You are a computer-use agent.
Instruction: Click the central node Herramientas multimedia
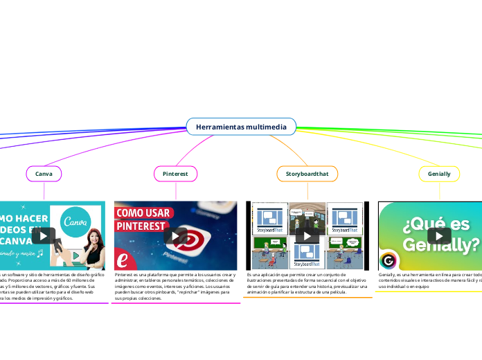coord(241,127)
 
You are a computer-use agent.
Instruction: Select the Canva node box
coord(44,173)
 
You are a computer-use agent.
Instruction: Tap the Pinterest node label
coord(175,173)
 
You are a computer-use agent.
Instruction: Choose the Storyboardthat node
coord(307,173)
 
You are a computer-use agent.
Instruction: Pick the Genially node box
coord(439,173)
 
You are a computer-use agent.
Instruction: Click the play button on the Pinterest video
coord(175,235)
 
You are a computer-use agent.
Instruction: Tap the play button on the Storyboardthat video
coord(307,235)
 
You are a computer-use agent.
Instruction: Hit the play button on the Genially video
coord(439,235)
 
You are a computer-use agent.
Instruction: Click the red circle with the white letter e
coord(123,260)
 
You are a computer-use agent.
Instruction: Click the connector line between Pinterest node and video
coord(175,191)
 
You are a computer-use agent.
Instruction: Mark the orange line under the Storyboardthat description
coord(309,298)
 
